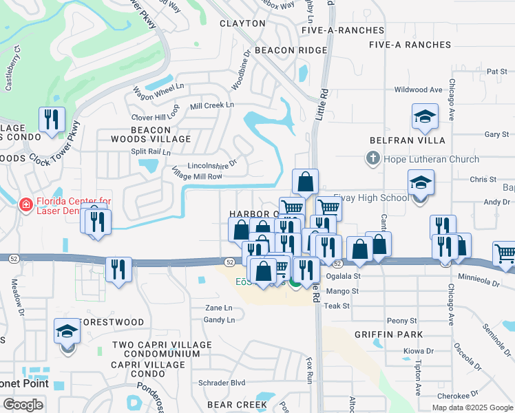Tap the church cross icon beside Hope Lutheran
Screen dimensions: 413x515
[x=372, y=160]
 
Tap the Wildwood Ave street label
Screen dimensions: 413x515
[x=418, y=90]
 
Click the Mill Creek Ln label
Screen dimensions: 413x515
[x=212, y=106]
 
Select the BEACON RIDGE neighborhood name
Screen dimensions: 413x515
[x=291, y=51]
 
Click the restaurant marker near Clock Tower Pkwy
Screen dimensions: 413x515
[x=52, y=120]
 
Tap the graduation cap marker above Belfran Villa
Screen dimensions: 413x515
[x=425, y=116]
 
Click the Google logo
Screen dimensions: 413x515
[x=23, y=405]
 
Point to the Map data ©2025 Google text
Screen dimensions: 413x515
[x=472, y=407]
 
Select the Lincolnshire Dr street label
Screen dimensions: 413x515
[x=212, y=165]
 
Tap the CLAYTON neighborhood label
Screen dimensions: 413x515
[x=242, y=23]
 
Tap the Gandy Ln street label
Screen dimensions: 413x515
[x=220, y=320]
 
